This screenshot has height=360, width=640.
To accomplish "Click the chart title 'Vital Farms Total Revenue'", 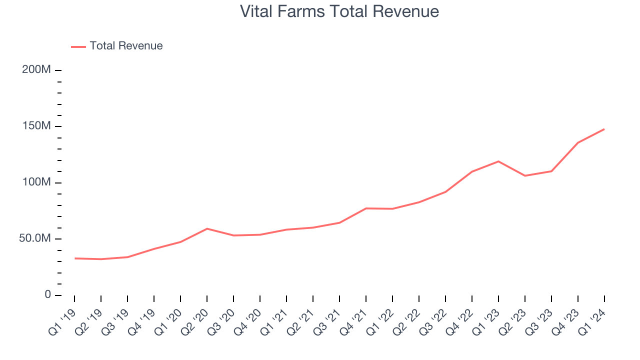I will click(x=339, y=11).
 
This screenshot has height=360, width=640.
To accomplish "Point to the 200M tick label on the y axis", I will click(x=36, y=70).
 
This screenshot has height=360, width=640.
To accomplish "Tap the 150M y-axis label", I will click(x=36, y=126).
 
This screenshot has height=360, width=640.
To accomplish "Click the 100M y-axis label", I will click(x=36, y=182).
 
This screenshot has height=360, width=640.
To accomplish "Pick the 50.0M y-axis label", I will click(x=35, y=239).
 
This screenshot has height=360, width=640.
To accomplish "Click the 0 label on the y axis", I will click(x=47, y=295).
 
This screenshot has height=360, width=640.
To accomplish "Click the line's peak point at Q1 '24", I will click(x=604, y=129).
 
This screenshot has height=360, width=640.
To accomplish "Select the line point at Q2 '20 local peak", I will click(x=207, y=228).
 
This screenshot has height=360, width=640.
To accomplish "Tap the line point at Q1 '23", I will click(x=498, y=161).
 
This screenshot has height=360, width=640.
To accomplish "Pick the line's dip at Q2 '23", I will click(x=525, y=176).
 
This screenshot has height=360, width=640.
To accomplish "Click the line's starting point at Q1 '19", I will click(x=75, y=258).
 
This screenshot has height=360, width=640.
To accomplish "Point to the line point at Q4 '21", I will click(x=366, y=208).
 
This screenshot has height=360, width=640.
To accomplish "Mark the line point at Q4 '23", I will click(x=578, y=142).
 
